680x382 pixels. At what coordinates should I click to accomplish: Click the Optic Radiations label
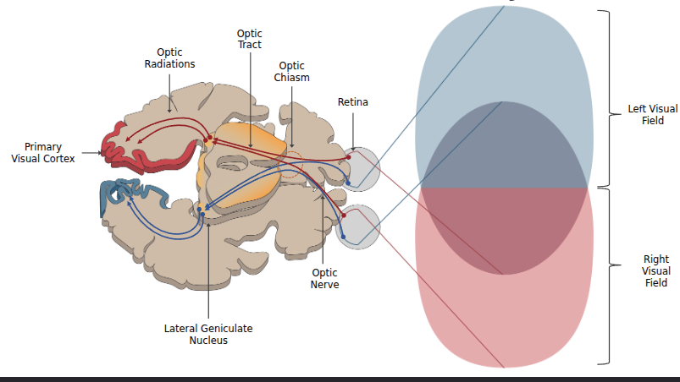click(x=169, y=58)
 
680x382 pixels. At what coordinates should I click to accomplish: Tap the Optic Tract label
click(x=249, y=39)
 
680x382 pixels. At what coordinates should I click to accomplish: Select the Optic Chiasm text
click(x=291, y=71)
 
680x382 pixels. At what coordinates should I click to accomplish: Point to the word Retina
click(x=353, y=102)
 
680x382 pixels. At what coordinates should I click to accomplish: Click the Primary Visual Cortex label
click(x=42, y=152)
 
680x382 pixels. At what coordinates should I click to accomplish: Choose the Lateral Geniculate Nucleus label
click(x=208, y=334)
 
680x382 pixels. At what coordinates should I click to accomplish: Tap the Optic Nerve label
click(x=324, y=279)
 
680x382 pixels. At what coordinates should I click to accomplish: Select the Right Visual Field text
click(x=655, y=271)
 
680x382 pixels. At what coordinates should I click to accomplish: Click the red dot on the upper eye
click(x=348, y=156)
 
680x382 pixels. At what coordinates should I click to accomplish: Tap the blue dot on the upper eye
click(x=347, y=182)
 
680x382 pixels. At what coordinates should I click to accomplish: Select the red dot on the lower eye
click(x=345, y=216)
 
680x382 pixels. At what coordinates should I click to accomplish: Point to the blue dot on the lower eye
click(x=343, y=236)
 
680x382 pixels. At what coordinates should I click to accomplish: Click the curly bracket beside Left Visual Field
click(x=605, y=98)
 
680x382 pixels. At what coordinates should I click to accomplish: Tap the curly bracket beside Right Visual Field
click(x=605, y=276)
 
